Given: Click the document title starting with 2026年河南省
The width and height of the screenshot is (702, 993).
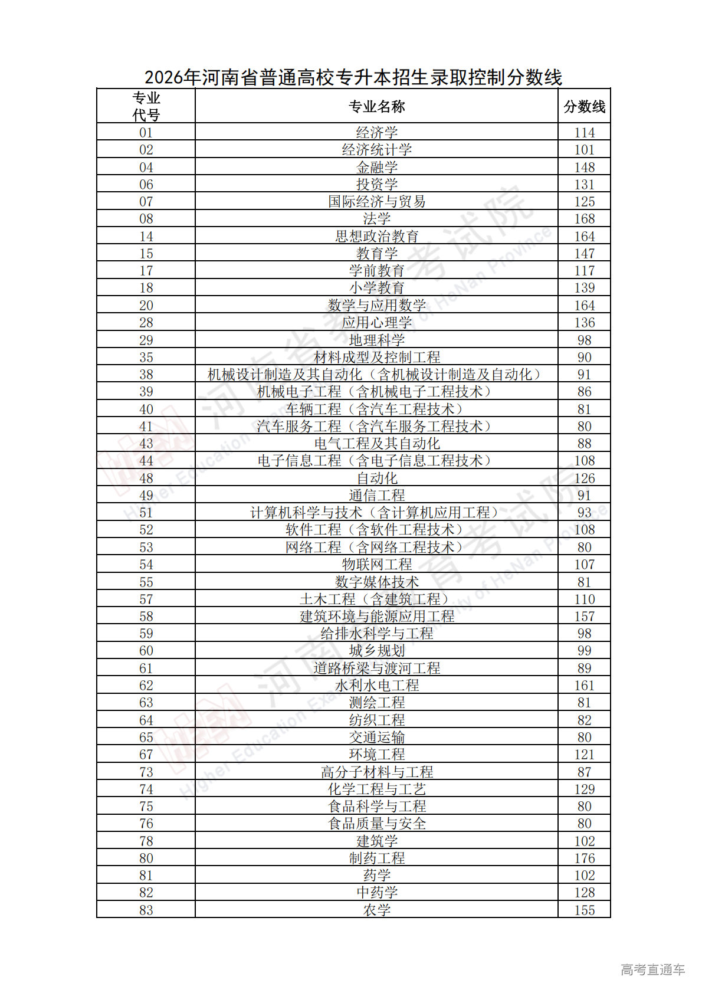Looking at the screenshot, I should point(353,77).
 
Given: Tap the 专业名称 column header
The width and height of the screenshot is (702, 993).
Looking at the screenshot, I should point(376,107).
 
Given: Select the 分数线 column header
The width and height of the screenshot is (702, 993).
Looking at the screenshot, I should point(584,107).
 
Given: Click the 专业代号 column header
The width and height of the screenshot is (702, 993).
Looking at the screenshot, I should point(146,107).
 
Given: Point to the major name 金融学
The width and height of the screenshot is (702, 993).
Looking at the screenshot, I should point(376,168).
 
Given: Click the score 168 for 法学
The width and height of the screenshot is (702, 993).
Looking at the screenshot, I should point(584,219).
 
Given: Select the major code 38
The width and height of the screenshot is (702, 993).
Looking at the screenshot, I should point(146,375).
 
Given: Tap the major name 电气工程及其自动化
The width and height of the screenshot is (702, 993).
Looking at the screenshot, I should point(376,444).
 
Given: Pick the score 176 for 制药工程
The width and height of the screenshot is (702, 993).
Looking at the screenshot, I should point(584,858).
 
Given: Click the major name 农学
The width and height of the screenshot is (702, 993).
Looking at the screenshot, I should point(376,910).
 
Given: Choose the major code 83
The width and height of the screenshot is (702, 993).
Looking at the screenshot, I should point(146,910).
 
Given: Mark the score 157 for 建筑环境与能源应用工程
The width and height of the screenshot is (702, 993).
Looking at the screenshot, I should point(584,617).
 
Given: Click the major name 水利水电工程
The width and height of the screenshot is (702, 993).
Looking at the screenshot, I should point(376,686).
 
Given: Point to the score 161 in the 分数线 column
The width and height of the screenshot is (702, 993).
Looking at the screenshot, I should point(584,686).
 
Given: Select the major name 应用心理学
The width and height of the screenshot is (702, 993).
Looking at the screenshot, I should point(376,323).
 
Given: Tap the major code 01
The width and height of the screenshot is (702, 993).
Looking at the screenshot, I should point(146,133).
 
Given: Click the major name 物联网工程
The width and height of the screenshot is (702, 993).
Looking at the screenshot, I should point(376,565).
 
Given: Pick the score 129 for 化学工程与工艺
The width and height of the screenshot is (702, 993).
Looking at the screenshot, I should point(584,789).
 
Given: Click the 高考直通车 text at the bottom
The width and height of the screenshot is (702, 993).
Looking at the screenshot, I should point(652,969).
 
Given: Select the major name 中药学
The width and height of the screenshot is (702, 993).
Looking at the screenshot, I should point(376,893).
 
